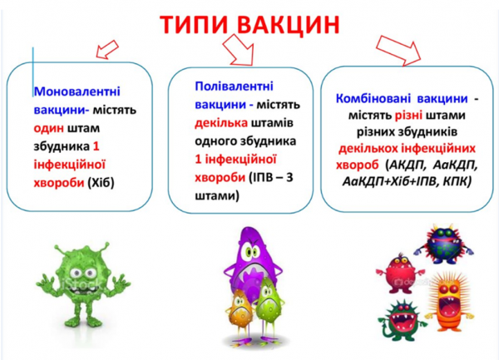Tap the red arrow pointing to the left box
[x=106, y=51]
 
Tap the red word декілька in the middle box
[x=217, y=122]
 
